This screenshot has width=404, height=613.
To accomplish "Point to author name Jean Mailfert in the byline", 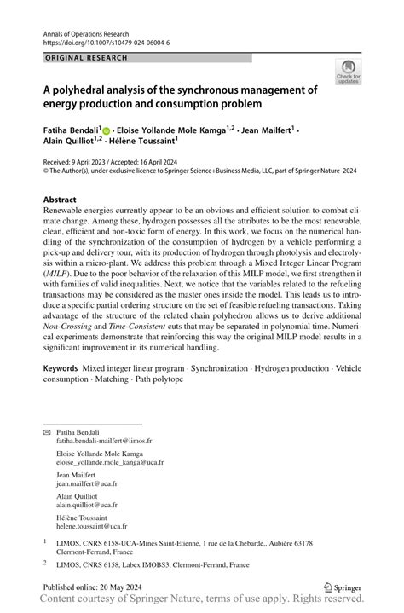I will [267, 130].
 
